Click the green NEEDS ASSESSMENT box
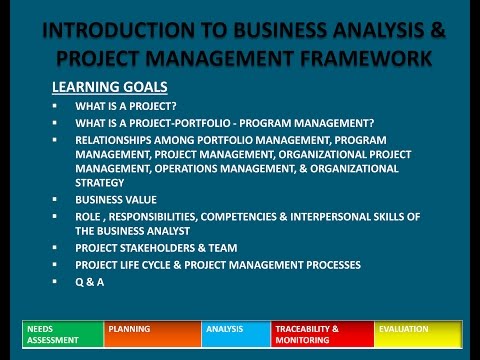pos(62,332)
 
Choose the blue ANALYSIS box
pos(236,332)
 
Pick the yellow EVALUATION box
pos(418,332)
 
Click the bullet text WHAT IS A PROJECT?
pos(126,106)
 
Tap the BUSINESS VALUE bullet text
pos(111,200)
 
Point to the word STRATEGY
pos(100,183)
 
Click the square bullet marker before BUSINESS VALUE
pos(57,200)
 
